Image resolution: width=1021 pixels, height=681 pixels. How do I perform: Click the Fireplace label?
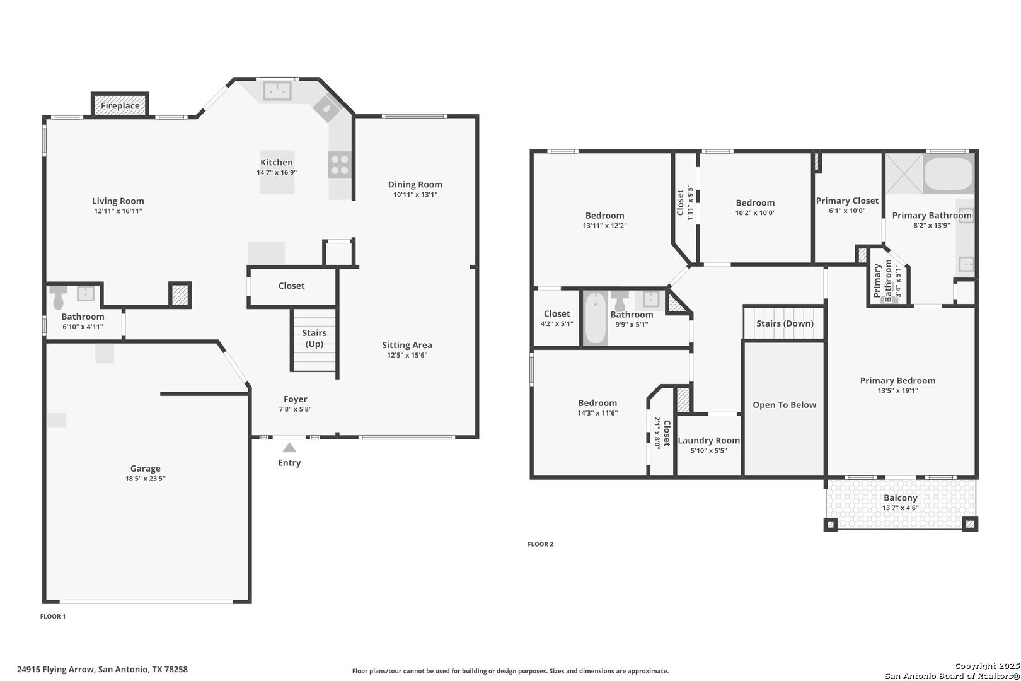[x=120, y=106]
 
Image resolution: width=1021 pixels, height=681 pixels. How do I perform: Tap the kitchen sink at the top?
[x=277, y=91]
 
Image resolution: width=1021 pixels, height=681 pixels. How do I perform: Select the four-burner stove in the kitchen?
[x=340, y=165]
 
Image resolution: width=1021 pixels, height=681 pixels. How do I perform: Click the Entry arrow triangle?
[x=289, y=448]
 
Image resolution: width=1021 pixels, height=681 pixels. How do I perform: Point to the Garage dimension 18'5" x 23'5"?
[x=146, y=479]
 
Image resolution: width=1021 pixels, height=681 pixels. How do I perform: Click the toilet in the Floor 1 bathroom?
[x=59, y=297]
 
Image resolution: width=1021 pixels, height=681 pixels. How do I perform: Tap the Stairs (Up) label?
[x=314, y=338]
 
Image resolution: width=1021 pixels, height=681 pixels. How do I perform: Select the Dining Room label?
[x=415, y=184]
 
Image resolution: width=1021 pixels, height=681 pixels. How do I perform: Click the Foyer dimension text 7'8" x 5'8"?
[x=296, y=409]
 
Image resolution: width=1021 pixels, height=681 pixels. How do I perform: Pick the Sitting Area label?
[x=407, y=345]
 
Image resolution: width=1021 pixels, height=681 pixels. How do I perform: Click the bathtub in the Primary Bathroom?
[x=949, y=174]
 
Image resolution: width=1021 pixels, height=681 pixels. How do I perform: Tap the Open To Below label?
[x=785, y=405]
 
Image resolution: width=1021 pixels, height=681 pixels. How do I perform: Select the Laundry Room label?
[x=709, y=440]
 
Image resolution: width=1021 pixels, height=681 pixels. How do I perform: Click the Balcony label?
[x=900, y=498]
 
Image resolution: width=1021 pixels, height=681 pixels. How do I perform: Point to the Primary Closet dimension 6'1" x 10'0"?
[x=847, y=211]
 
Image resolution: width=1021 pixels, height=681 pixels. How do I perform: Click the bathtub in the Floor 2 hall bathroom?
[x=596, y=318]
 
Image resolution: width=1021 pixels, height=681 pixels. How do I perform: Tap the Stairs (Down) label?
[x=785, y=323]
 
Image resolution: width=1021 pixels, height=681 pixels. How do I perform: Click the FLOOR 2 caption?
[x=541, y=544]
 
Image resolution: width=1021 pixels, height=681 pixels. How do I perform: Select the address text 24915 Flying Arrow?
[x=56, y=670]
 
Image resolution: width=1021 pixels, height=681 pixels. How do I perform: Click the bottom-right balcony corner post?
[x=970, y=524]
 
